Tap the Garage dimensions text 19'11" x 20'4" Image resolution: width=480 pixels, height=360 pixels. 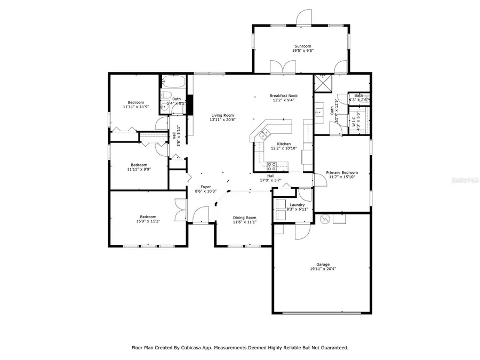coord(323,269)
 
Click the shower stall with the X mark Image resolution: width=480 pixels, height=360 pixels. coord(322,83)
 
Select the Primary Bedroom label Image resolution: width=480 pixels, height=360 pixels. coord(342,173)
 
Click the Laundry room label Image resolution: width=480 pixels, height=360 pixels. coord(297,205)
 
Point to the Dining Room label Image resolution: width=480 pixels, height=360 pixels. coord(244,218)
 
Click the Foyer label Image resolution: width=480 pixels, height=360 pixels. coord(205,187)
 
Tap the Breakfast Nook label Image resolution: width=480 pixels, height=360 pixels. coord(283,95)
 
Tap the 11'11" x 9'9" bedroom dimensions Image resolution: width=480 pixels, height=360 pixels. coord(139,170)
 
